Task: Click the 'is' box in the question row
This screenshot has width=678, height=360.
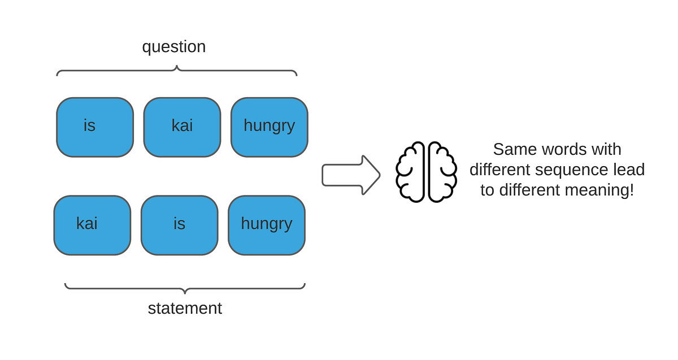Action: [x=95, y=127]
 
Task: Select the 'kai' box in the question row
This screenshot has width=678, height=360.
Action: [x=182, y=127]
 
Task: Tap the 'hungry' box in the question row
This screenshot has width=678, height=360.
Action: [x=269, y=127]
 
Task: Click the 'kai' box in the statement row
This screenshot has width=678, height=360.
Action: [x=92, y=225]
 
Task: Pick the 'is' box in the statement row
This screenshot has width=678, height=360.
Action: [x=179, y=225]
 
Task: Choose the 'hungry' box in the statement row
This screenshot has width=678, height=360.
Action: [x=266, y=225]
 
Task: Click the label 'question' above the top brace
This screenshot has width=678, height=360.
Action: [x=173, y=47]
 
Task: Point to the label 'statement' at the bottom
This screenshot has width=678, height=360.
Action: [x=185, y=309]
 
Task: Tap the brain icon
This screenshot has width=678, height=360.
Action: [x=426, y=172]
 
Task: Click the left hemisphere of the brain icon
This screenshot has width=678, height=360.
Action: [x=411, y=172]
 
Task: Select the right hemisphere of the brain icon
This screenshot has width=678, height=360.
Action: [x=442, y=172]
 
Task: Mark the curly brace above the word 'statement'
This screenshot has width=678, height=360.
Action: [x=185, y=288]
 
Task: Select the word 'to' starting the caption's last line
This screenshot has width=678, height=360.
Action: [x=487, y=190]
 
